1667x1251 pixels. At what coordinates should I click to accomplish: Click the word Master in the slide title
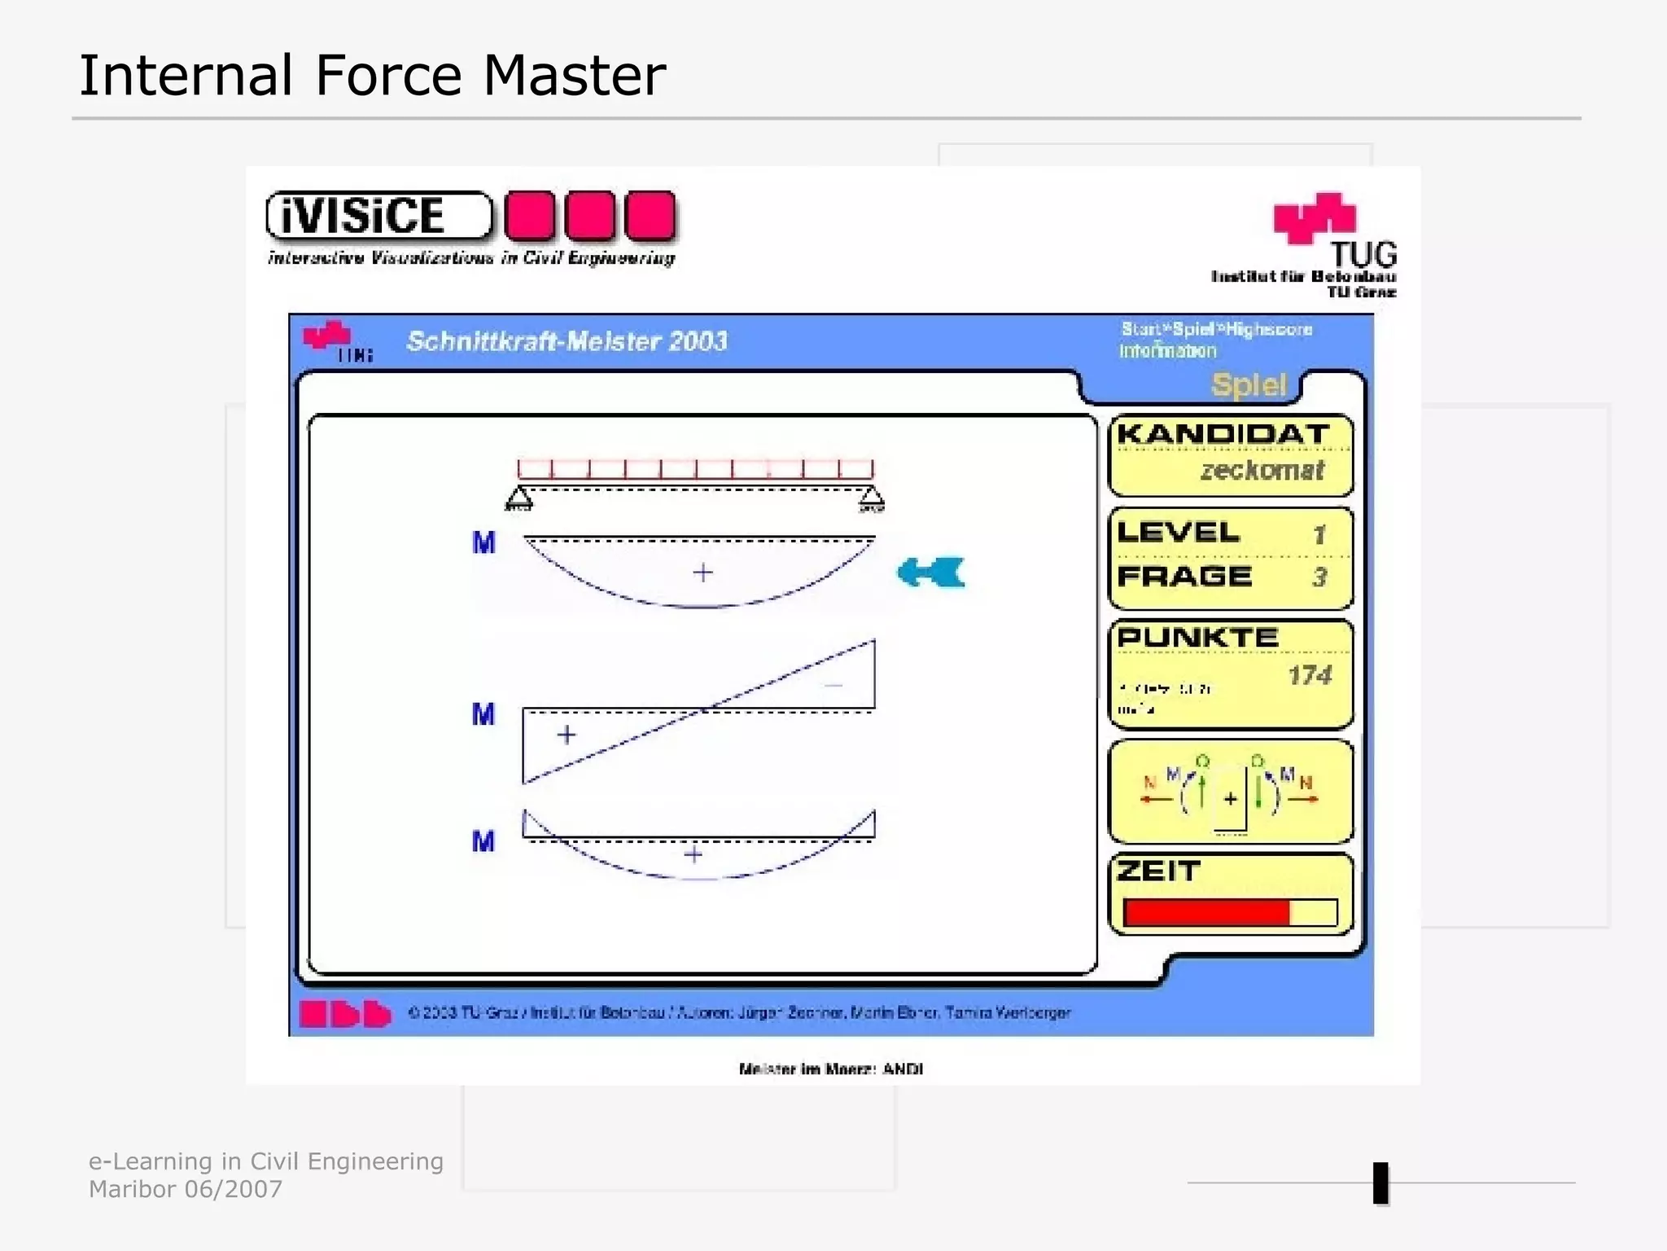pos(574,76)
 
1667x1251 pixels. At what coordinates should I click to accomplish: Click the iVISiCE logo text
pos(363,216)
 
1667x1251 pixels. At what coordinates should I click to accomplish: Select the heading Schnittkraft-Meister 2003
pos(567,341)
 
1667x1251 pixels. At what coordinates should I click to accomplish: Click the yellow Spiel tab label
pos(1249,384)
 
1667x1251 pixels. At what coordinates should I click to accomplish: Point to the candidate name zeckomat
pos(1262,470)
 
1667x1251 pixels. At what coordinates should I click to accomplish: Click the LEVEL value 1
pos(1319,535)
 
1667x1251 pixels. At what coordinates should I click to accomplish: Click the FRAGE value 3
pos(1319,577)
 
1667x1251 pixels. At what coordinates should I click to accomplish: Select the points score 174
pos(1309,675)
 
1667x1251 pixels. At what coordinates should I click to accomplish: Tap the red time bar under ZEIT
pos(1206,913)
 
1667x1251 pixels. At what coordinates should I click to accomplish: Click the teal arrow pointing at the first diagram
pos(930,573)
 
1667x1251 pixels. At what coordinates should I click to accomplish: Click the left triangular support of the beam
pos(519,498)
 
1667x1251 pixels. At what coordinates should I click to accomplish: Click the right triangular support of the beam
pos(871,498)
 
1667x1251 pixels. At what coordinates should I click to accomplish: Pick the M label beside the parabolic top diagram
pos(483,542)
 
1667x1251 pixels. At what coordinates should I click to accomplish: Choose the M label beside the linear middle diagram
pos(483,715)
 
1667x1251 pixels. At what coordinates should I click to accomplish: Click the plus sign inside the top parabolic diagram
pos(702,573)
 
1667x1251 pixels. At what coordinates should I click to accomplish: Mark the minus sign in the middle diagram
pos(833,685)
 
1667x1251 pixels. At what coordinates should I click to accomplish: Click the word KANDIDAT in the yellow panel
pos(1223,434)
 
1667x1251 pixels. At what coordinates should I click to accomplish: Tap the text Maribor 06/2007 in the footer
pos(186,1189)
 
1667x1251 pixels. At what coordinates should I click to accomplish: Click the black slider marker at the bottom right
pos(1380,1183)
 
